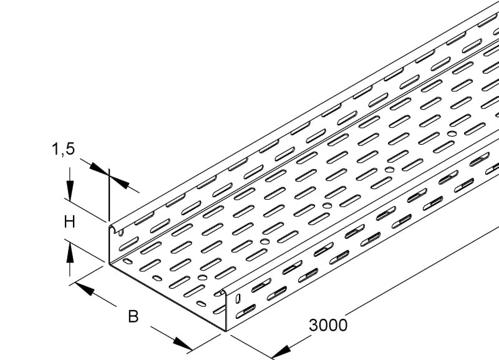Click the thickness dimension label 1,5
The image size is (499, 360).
pos(63,149)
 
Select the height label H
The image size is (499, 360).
pos(69,222)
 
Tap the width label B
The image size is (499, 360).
pos(133,317)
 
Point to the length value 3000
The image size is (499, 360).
pos(328,325)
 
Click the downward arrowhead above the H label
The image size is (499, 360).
pos(70,190)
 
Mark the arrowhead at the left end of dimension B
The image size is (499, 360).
pos(85,289)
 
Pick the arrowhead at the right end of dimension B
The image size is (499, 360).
pos(183,344)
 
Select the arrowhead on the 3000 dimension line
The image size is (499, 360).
pos(282,353)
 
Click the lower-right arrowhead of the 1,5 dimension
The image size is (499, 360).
pos(119,182)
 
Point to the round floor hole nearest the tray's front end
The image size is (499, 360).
pos(202,277)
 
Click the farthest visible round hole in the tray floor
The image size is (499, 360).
pos(452,134)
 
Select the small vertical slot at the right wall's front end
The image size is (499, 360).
pos(238,298)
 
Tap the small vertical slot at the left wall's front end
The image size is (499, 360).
pos(121,233)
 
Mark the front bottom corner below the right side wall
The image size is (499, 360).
pos(226,331)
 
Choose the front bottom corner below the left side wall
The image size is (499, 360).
pos(109,263)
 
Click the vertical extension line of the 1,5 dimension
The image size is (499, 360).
pos(109,195)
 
